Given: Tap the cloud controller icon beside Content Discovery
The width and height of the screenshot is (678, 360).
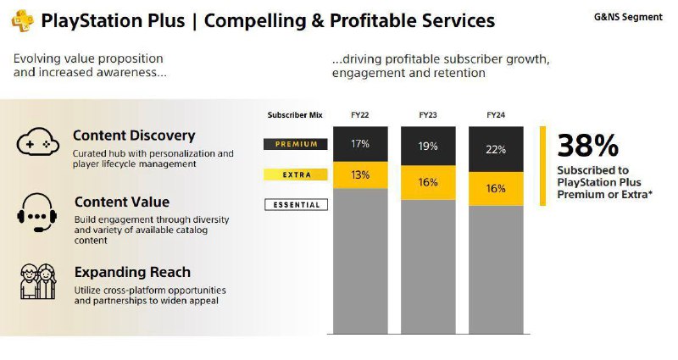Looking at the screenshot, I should [x=36, y=143].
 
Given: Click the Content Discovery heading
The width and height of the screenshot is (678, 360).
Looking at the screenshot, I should [x=134, y=136].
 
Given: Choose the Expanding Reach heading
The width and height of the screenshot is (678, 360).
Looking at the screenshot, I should [x=132, y=273].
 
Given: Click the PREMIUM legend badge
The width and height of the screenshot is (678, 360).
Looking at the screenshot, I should [x=296, y=144].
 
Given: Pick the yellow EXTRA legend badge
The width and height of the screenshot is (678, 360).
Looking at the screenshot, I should [x=296, y=174].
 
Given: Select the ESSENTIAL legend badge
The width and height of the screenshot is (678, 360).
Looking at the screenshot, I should [x=296, y=205].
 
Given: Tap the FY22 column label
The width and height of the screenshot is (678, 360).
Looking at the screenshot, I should [x=360, y=114].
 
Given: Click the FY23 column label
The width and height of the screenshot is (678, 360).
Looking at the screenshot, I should [x=428, y=114].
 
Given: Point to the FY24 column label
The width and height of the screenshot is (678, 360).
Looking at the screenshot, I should [x=496, y=114].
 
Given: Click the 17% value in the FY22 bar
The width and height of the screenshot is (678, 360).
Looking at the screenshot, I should [x=360, y=144].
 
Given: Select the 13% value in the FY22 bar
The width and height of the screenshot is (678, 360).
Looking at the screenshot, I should [x=360, y=174].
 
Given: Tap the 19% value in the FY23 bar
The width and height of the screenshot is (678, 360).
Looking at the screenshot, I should [x=428, y=146].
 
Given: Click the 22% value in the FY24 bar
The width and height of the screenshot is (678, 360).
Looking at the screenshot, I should [x=496, y=149].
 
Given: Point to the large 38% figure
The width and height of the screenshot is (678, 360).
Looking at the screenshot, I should [x=588, y=147].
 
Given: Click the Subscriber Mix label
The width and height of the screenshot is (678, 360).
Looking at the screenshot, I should [x=295, y=114].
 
